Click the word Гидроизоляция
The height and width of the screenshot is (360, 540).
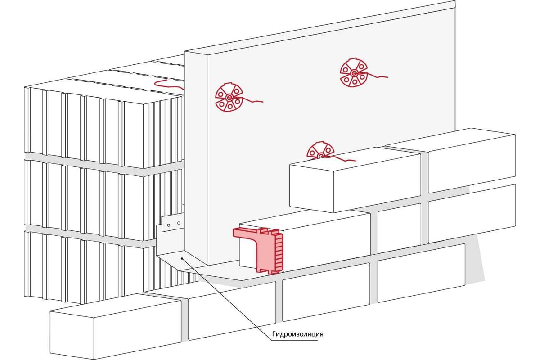pyautogui.click(x=297, y=334)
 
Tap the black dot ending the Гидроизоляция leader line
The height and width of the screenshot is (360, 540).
pyautogui.click(x=181, y=259)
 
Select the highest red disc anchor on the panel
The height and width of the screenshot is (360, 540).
pyautogui.click(x=354, y=73)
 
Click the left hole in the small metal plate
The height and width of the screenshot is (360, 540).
pyautogui.click(x=170, y=223)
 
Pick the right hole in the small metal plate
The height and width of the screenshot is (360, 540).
pyautogui.click(x=179, y=222)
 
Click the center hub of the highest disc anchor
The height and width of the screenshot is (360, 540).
pyautogui.click(x=354, y=73)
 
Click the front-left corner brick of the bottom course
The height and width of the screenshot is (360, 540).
pyautogui.click(x=115, y=326)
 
